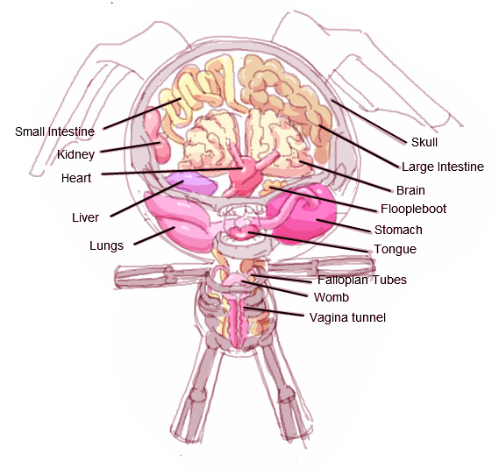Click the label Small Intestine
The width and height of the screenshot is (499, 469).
54,131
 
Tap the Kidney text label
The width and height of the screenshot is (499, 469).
75,154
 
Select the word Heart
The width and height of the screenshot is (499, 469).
76,178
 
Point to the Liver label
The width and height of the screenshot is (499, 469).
85,217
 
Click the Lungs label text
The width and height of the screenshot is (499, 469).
106,245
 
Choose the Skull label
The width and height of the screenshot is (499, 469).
424,142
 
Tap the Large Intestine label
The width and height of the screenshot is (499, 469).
443,167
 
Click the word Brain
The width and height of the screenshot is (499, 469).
410,190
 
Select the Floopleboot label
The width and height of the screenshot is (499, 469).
413,209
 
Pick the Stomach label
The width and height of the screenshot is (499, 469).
398,230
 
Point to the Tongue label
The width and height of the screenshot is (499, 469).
395,249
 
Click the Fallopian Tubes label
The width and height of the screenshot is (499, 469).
362,280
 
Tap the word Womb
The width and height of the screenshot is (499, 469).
331,297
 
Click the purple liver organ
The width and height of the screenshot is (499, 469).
193,183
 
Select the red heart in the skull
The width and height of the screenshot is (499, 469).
244,174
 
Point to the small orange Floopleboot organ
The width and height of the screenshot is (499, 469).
273,188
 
